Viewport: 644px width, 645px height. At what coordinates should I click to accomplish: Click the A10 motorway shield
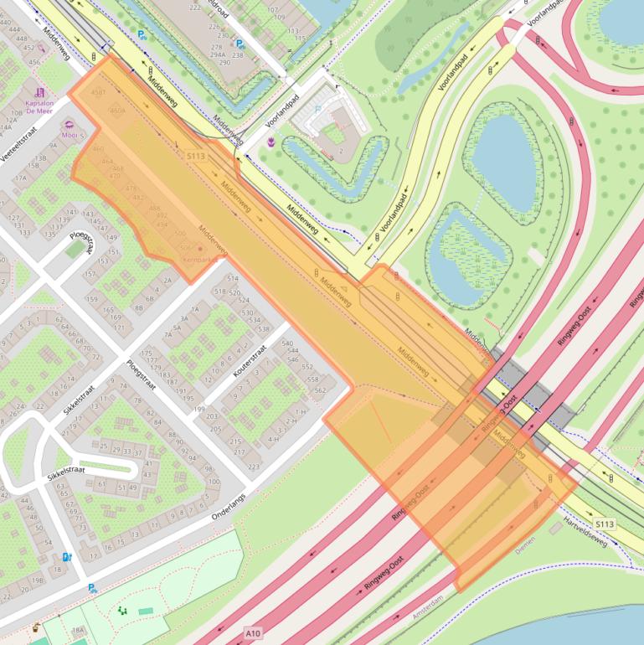click(253, 632)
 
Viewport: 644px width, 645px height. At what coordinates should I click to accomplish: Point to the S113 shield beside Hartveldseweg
click(605, 524)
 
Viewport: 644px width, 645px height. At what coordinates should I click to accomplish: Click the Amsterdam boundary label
click(427, 606)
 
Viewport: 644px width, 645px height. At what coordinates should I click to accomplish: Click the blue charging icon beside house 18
click(66, 556)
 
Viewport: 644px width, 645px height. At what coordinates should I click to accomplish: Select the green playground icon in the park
click(123, 611)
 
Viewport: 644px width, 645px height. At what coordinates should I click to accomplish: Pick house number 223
click(253, 467)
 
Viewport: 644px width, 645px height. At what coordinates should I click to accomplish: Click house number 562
click(319, 390)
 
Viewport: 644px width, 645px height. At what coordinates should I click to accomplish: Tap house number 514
click(233, 278)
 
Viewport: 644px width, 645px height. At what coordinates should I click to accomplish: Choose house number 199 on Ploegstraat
click(198, 408)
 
